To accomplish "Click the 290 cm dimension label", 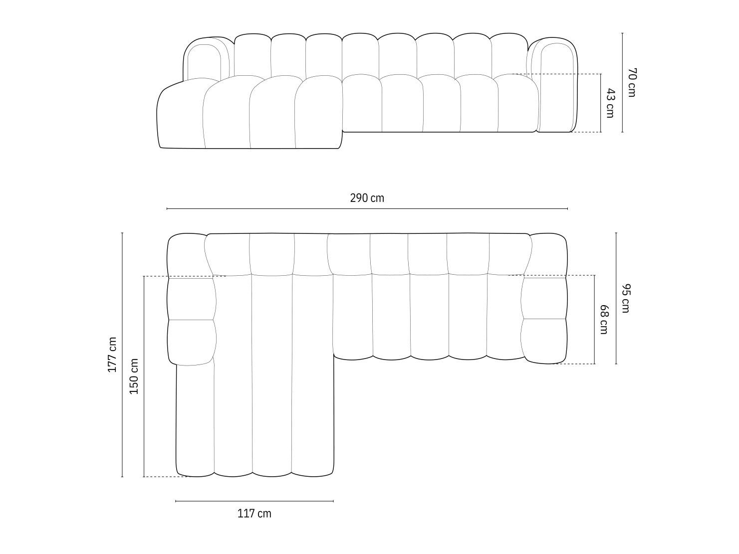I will [x=367, y=198].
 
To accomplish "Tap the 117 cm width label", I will [x=254, y=513].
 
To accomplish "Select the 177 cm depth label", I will [x=112, y=355].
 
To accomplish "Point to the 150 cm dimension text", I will [x=134, y=376].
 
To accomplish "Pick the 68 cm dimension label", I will [x=604, y=320].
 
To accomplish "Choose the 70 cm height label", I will [x=632, y=82].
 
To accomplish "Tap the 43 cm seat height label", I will [x=610, y=103].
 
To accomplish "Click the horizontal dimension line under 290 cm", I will [x=367, y=208].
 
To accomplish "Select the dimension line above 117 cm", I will [x=254, y=501].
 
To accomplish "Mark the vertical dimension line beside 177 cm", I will [x=122, y=355].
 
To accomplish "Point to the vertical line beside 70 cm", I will [x=622, y=82].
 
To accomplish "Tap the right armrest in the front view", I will [x=557, y=85].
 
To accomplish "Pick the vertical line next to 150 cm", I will [x=144, y=376].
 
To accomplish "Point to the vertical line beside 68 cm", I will [x=594, y=320].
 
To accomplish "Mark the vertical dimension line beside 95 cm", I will [x=616, y=298].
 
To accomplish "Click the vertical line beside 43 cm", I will [x=601, y=103].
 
